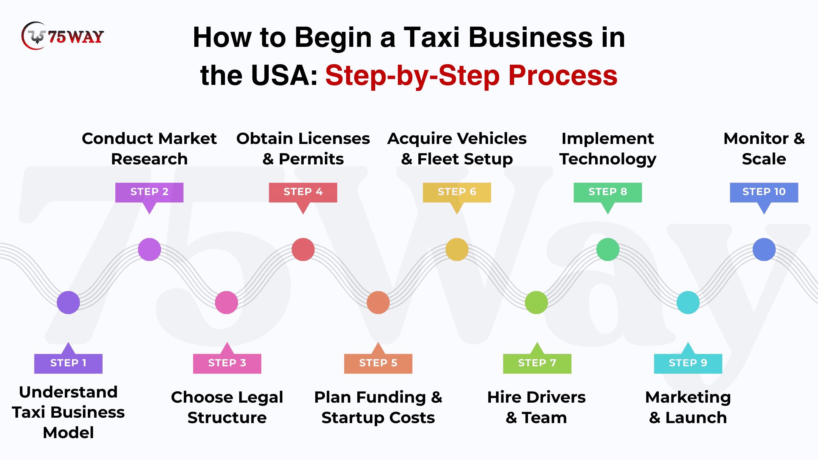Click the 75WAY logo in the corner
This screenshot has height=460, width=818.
[62, 36]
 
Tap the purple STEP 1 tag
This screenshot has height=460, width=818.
[68, 363]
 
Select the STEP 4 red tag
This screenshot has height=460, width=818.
[303, 192]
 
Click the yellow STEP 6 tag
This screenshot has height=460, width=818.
[457, 192]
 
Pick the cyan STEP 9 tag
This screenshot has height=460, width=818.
[688, 363]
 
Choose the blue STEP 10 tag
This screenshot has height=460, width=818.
[764, 192]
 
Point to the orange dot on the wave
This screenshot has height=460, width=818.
[378, 302]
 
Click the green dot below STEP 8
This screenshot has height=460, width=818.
[608, 249]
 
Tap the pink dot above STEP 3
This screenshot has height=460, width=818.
[226, 302]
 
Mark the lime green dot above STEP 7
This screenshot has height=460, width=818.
[536, 302]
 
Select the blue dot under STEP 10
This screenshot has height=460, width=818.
[764, 249]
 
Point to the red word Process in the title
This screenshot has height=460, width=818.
[563, 76]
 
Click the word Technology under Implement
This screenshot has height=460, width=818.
[608, 159]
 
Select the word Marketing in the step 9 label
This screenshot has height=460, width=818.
[688, 398]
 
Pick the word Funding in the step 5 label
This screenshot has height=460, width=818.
[391, 398]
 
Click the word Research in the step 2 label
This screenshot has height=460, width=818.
[149, 159]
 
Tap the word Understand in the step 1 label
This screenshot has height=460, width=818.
[68, 392]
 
